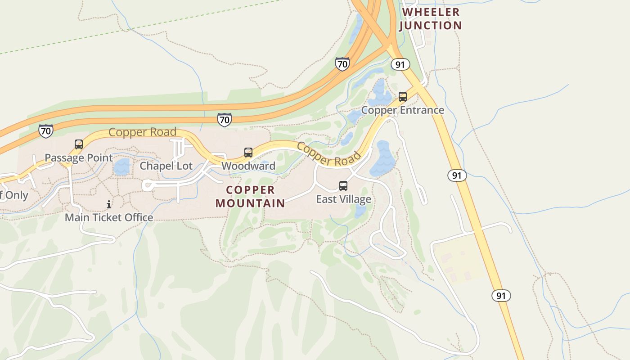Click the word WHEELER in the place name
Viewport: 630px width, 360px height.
pyautogui.click(x=431, y=12)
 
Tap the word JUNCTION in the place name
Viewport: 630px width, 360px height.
pyautogui.click(x=431, y=26)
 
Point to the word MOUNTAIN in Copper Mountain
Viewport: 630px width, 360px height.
pyautogui.click(x=250, y=203)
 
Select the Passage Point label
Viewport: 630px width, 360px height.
pyautogui.click(x=79, y=157)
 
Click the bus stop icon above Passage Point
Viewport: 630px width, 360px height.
pyautogui.click(x=79, y=144)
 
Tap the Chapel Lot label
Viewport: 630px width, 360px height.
pyautogui.click(x=166, y=166)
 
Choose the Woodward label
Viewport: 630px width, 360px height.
pyautogui.click(x=248, y=166)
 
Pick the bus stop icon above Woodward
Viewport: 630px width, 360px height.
pyautogui.click(x=248, y=153)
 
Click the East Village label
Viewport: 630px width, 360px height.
pyautogui.click(x=343, y=199)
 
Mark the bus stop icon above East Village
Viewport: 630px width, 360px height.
pyautogui.click(x=343, y=186)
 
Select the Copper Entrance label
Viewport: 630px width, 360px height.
pyautogui.click(x=403, y=110)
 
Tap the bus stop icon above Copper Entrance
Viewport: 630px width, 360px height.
pyautogui.click(x=403, y=97)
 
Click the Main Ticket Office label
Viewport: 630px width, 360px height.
pyautogui.click(x=109, y=217)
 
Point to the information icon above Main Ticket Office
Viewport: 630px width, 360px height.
pyautogui.click(x=109, y=205)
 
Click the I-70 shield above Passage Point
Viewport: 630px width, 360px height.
pyautogui.click(x=45, y=131)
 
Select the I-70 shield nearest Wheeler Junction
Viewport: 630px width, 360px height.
pyautogui.click(x=342, y=64)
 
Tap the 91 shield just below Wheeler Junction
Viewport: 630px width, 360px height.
pyautogui.click(x=400, y=64)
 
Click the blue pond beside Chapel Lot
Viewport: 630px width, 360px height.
pyautogui.click(x=121, y=167)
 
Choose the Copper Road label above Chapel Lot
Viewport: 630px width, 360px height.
pyautogui.click(x=142, y=132)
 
